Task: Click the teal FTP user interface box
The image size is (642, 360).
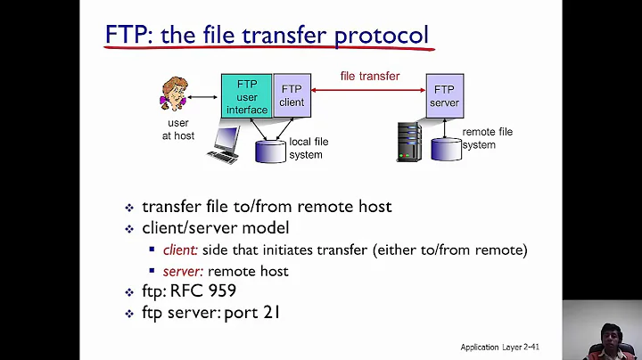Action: [246, 96]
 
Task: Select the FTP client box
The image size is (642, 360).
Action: [292, 95]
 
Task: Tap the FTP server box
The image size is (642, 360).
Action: [444, 95]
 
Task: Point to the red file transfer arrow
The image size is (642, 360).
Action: [368, 90]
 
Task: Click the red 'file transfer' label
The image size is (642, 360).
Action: [370, 76]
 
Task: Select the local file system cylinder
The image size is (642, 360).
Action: [271, 150]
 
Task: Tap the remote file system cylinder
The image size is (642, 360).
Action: [446, 148]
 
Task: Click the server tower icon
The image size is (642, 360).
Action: [409, 141]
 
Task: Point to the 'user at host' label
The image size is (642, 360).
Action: [177, 129]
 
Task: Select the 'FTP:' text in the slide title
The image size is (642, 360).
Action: [126, 36]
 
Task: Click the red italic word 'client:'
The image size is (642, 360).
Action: [181, 250]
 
